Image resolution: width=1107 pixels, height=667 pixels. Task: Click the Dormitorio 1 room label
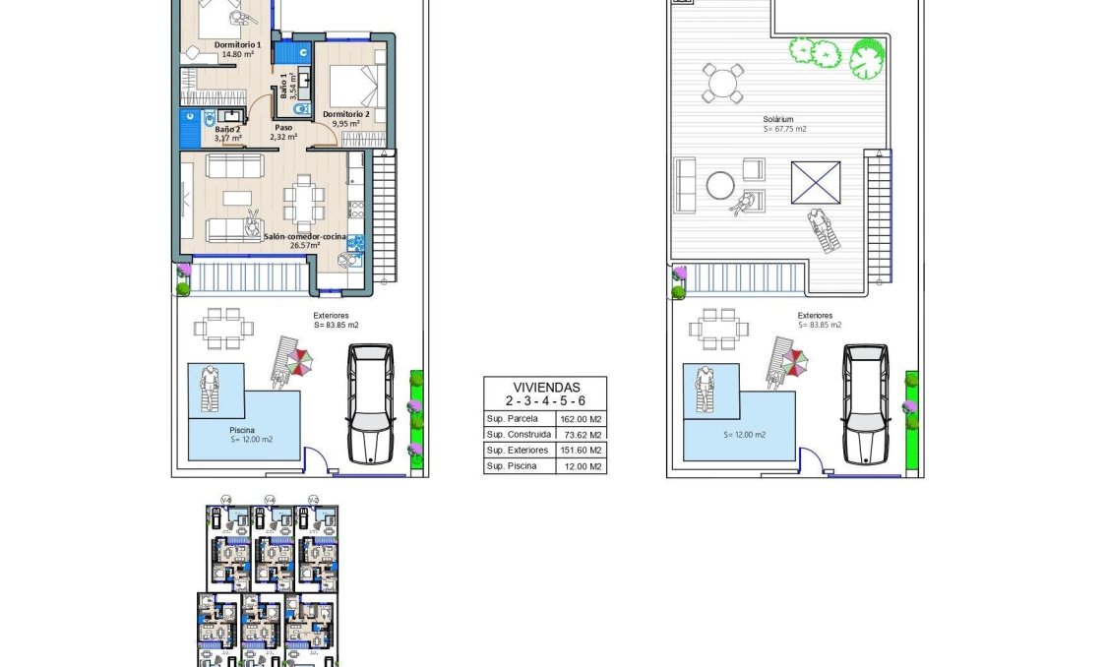[x=237, y=45]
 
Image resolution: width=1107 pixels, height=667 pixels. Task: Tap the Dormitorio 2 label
[x=346, y=114]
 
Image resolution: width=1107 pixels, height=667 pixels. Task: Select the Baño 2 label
[x=228, y=130]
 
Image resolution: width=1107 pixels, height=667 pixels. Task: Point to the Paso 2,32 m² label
[x=283, y=132]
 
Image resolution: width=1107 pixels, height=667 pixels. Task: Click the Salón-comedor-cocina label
[x=303, y=237]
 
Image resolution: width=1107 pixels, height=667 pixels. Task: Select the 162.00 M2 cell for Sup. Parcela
[x=580, y=419]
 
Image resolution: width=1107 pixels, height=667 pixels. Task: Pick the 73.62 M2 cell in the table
[x=580, y=434]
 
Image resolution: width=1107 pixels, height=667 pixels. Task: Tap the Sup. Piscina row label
[x=512, y=465]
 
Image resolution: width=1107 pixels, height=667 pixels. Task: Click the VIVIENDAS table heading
[x=545, y=387]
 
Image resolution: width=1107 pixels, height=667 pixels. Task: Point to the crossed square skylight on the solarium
[x=816, y=184]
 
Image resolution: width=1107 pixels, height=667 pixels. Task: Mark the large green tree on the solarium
[x=867, y=58]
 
